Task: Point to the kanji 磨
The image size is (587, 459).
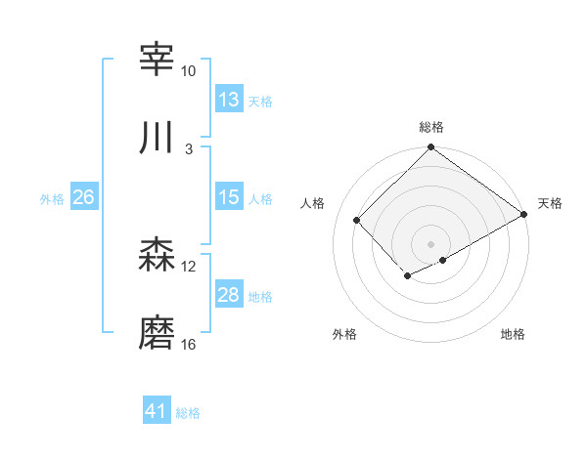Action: (158, 333)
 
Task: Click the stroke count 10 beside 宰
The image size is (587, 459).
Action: (188, 71)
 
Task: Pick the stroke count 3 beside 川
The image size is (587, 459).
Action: (189, 149)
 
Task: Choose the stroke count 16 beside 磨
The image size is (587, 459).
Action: (188, 346)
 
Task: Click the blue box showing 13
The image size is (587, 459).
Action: (229, 99)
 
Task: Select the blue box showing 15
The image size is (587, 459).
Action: (229, 196)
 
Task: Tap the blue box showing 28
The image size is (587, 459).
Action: (229, 295)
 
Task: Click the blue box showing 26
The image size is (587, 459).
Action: (84, 197)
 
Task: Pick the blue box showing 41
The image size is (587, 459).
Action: (157, 411)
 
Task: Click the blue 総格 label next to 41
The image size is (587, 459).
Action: (188, 413)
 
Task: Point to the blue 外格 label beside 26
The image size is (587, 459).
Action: (52, 198)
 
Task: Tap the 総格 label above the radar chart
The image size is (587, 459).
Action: (431, 127)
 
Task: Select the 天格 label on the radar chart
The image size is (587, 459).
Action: (550, 203)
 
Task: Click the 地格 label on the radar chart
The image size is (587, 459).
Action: (513, 335)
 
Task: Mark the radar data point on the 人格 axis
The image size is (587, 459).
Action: (357, 220)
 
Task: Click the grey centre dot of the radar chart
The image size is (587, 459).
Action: (431, 243)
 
